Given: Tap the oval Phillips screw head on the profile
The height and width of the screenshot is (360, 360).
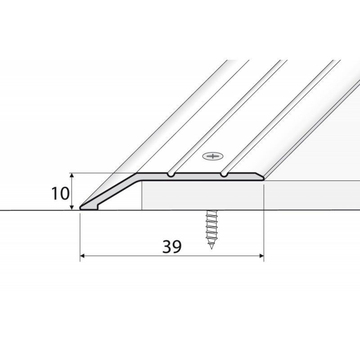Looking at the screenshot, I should (x=213, y=157).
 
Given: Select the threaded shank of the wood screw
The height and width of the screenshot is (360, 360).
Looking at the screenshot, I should (x=210, y=227).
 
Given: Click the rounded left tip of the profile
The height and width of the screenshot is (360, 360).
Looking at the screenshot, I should (x=81, y=207).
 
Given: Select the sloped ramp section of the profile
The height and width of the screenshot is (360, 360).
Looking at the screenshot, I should (x=112, y=191).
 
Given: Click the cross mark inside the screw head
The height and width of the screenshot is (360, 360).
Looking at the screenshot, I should (x=213, y=157).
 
